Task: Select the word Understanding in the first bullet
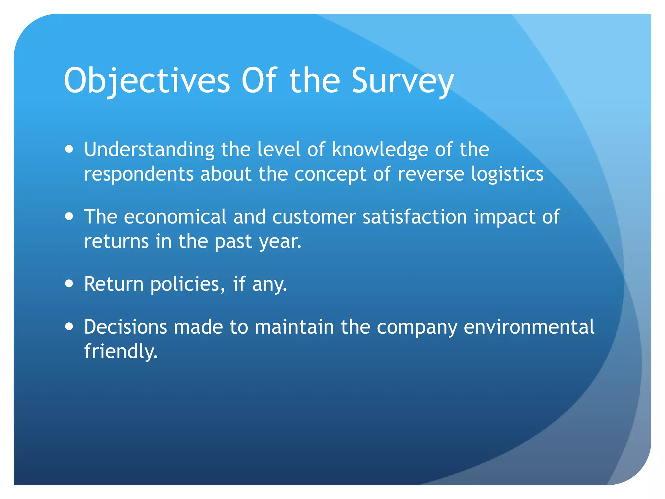149,150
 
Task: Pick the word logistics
507,174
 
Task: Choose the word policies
187,284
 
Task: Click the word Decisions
125,327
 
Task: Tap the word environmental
529,327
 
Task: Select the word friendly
120,352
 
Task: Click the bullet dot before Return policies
69,284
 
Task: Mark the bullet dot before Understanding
69,149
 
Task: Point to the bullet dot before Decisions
69,326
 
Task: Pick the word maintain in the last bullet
294,327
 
